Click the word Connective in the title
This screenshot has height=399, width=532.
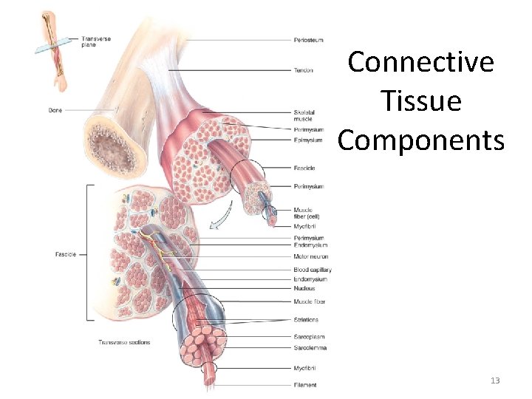(x=420, y=62)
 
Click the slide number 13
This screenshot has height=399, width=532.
(x=495, y=381)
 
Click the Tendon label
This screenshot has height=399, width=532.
(x=302, y=71)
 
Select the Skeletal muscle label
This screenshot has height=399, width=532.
(x=303, y=115)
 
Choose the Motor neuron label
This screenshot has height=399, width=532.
(x=310, y=257)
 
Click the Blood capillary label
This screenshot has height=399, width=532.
(x=311, y=270)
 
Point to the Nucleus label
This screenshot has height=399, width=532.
(x=304, y=288)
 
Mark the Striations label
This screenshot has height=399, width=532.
(x=306, y=320)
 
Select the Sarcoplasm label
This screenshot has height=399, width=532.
(x=308, y=337)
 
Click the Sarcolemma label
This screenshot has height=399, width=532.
(x=310, y=347)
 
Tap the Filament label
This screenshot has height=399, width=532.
(x=304, y=385)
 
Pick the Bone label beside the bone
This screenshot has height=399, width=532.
(x=55, y=111)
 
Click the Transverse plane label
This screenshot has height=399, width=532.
(x=97, y=41)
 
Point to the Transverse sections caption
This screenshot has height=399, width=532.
(x=123, y=342)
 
